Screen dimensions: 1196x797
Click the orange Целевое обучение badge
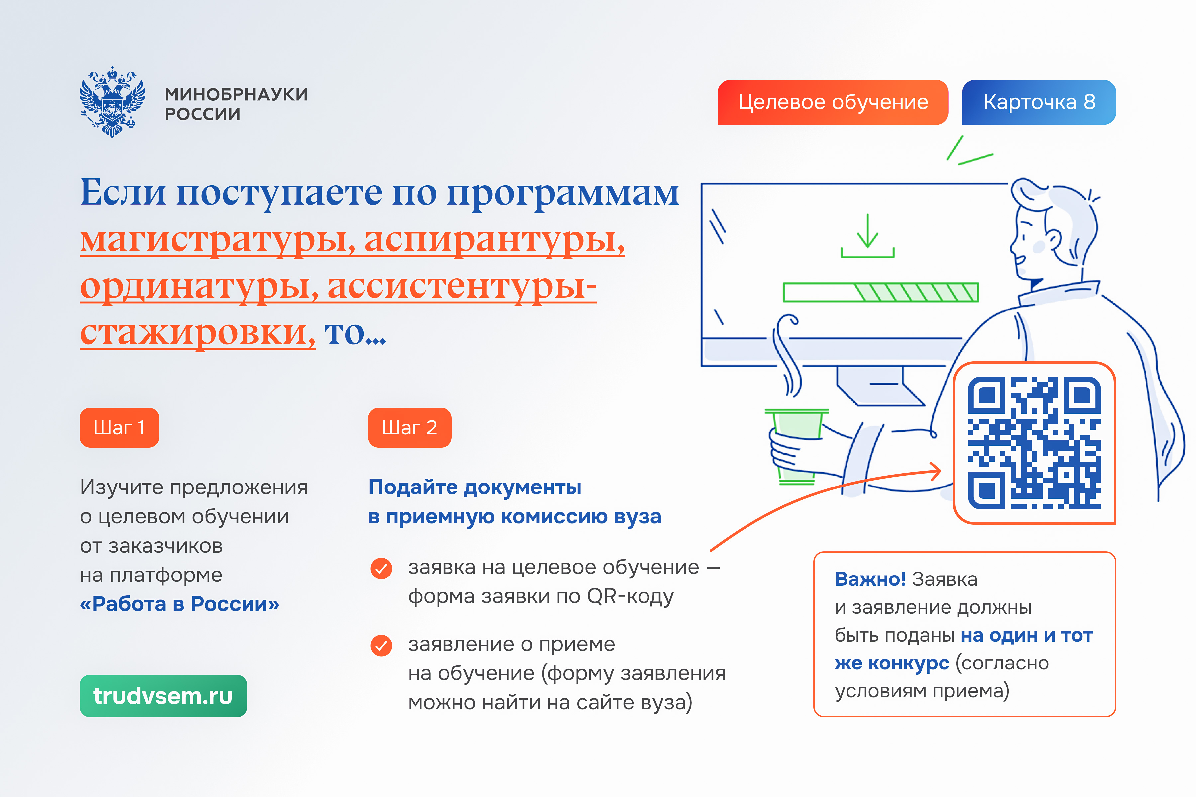pos(833,102)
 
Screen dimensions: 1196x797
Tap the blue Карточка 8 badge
pos(1039,102)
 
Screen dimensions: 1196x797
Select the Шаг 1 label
pos(120,427)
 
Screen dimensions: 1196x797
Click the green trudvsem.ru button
pos(163,696)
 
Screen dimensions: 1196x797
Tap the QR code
pos(1034,443)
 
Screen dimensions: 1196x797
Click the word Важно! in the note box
pos(870,579)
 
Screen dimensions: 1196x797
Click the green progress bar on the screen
pos(881,292)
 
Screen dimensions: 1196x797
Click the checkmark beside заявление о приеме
pos(381,646)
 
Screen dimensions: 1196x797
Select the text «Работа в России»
pos(179,604)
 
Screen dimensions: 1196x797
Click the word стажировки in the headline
pos(197,333)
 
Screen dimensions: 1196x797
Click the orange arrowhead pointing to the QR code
pos(935,471)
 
